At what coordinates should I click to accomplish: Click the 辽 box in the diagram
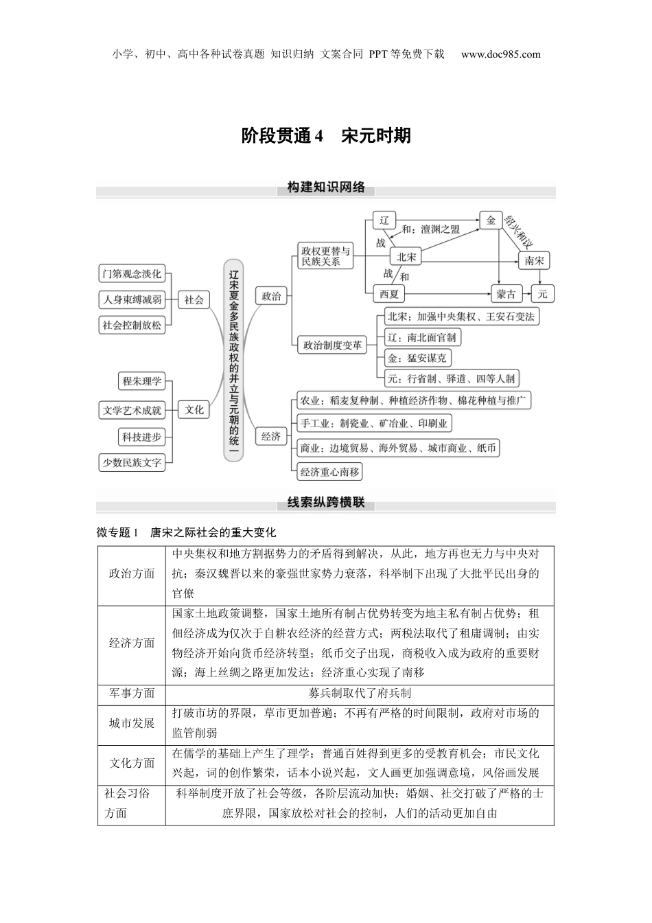[384, 220]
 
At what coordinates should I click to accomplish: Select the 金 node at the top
[490, 220]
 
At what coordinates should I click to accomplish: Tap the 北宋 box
[406, 257]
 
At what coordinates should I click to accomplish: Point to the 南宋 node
[534, 261]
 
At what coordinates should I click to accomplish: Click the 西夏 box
[388, 294]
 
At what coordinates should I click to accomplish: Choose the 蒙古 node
[507, 294]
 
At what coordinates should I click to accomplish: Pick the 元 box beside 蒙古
[542, 294]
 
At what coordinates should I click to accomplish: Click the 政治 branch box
[271, 297]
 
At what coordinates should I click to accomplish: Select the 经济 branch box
[271, 436]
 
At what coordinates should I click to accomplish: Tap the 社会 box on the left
[194, 299]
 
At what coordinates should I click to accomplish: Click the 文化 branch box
[194, 409]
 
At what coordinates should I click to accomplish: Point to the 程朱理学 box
[142, 381]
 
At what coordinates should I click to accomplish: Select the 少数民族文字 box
[132, 463]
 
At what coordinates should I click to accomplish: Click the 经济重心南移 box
[329, 472]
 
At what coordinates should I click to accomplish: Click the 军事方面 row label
[132, 694]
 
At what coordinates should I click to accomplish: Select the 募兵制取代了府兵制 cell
[360, 694]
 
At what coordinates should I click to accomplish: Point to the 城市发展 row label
[132, 723]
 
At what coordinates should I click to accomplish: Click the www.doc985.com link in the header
[500, 54]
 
